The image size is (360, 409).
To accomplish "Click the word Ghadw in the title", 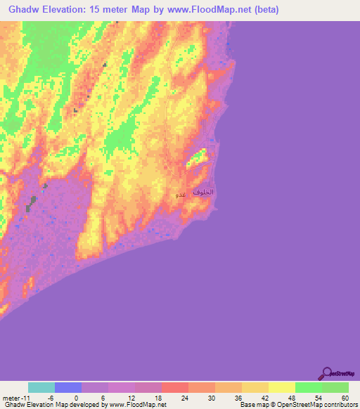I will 27,10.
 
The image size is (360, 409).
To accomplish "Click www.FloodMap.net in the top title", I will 211,10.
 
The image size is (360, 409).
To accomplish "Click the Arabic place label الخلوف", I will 202,192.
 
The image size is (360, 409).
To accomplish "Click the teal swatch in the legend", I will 41,387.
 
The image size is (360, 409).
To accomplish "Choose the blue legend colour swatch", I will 68,387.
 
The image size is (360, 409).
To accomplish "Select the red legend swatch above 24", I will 175,387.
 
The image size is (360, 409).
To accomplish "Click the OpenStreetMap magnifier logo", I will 327,373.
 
